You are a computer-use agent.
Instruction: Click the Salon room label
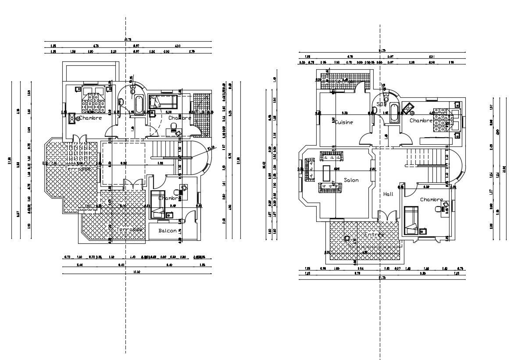(x=351, y=180)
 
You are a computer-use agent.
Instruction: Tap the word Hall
(x=388, y=194)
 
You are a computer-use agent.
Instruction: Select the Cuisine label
(x=344, y=122)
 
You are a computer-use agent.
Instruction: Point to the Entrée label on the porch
(x=374, y=235)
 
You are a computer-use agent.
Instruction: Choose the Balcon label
(x=168, y=231)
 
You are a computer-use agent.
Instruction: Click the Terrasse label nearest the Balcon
(x=129, y=229)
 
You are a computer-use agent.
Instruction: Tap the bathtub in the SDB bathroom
(x=393, y=113)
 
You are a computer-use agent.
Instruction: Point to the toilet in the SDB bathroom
(x=386, y=99)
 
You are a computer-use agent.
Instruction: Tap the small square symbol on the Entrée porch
(x=347, y=239)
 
